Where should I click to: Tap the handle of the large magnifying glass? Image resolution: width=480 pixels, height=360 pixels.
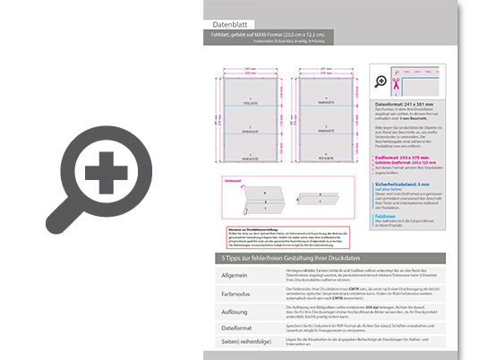click(56, 227)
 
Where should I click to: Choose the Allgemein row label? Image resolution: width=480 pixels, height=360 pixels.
click(233, 274)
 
